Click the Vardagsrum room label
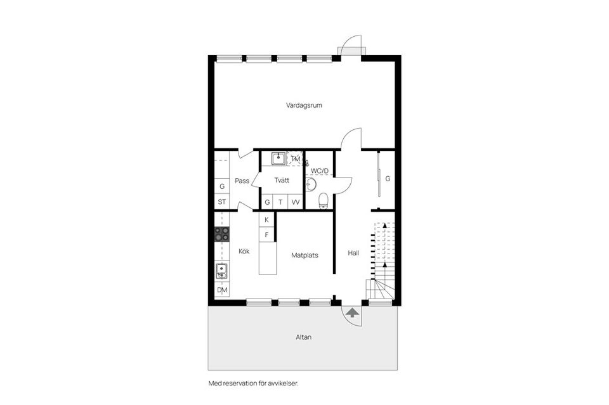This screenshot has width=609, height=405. tap(304, 105)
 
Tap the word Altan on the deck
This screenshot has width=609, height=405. tap(303, 337)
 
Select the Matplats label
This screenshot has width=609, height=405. tap(304, 255)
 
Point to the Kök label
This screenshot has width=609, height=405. tap(244, 251)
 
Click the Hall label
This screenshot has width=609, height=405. tap(353, 253)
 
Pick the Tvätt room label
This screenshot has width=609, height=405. tap(282, 181)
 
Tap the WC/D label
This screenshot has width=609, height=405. tap(319, 171)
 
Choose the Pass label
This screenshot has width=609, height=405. tap(242, 181)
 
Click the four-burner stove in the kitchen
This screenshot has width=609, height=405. tap(222, 234)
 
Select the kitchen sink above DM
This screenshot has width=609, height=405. tap(222, 271)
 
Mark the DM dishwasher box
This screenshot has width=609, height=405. tap(222, 290)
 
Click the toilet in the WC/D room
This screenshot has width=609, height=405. tap(323, 201)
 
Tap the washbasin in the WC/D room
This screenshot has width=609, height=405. tap(310, 184)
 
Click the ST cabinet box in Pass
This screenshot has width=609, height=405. tap(222, 202)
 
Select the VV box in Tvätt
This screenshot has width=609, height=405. tap(296, 202)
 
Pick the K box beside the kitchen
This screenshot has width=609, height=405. tap(267, 219)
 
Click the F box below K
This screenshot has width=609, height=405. tap(267, 235)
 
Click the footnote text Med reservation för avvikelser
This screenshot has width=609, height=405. tap(252, 383)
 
